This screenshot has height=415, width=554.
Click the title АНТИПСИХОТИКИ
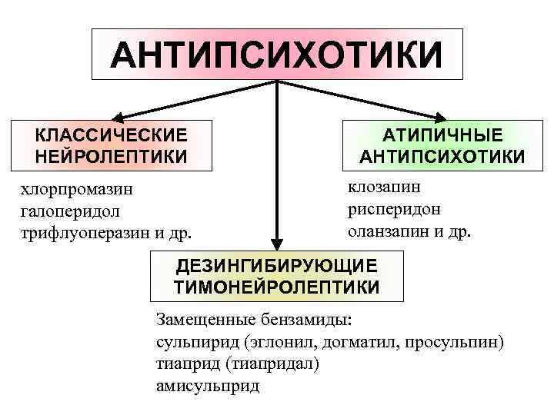pyautogui.click(x=277, y=55)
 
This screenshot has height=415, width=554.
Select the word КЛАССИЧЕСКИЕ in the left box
pyautogui.click(x=111, y=135)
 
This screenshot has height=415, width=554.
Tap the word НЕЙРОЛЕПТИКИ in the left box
pyautogui.click(x=111, y=156)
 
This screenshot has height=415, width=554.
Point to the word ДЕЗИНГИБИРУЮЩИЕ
pyautogui.click(x=277, y=266)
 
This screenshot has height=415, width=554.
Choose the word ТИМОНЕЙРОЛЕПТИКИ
pyautogui.click(x=277, y=287)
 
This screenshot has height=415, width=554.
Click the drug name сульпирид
pyautogui.click(x=192, y=342)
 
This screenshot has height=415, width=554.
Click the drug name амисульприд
pyautogui.click(x=208, y=385)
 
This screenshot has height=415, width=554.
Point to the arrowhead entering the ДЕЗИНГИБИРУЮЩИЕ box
pyautogui.click(x=277, y=242)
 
